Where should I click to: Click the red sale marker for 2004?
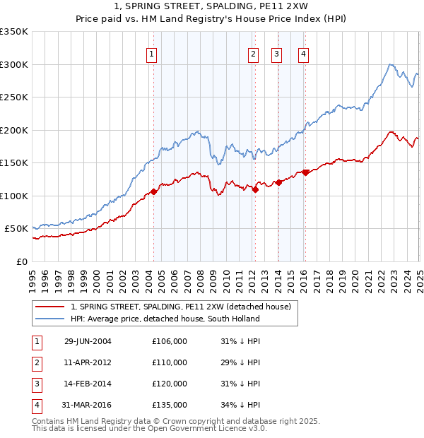(153, 191)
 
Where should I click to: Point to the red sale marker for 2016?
(305, 172)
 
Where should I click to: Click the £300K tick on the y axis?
(14, 64)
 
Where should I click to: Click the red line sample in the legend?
(49, 307)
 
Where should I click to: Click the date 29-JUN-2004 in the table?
(88, 341)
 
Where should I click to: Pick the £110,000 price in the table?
(170, 362)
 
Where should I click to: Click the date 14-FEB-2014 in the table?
(88, 384)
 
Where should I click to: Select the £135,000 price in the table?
(170, 405)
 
